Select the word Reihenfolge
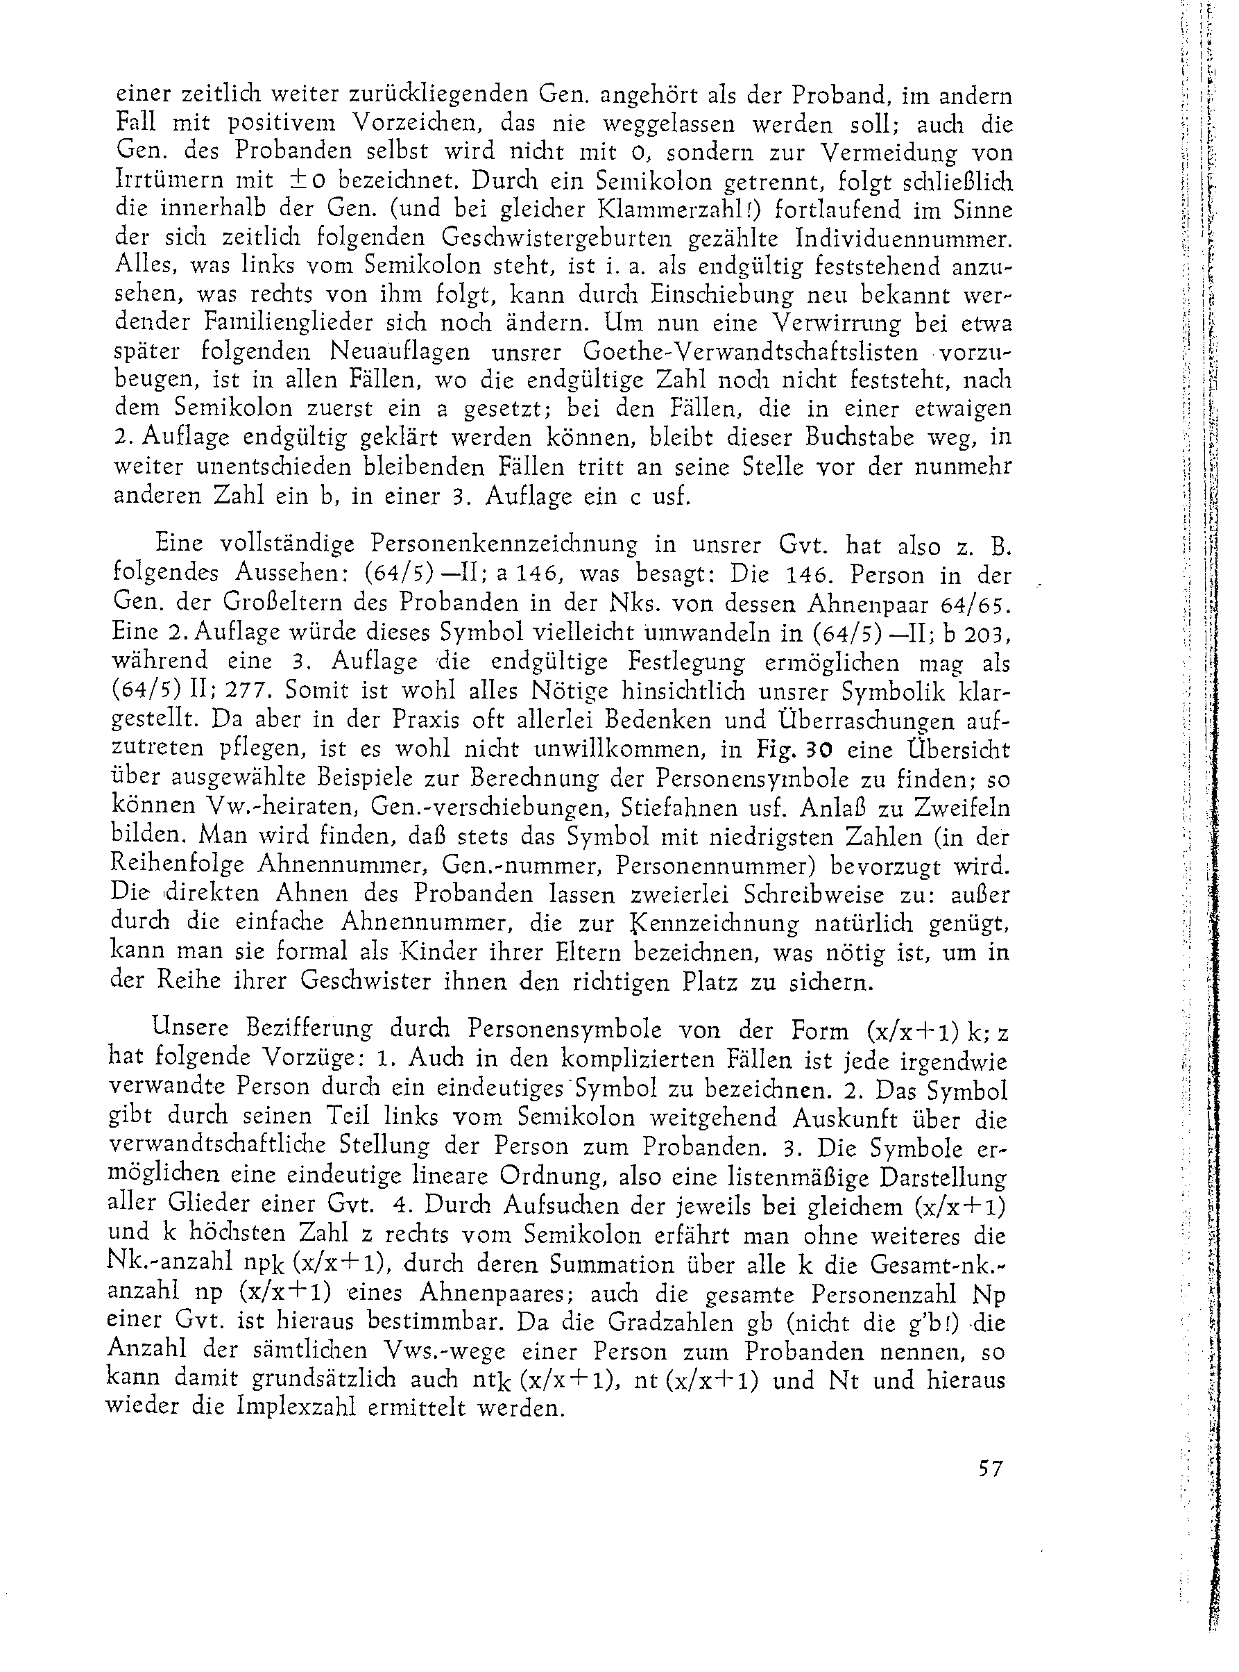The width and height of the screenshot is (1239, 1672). [x=177, y=864]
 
